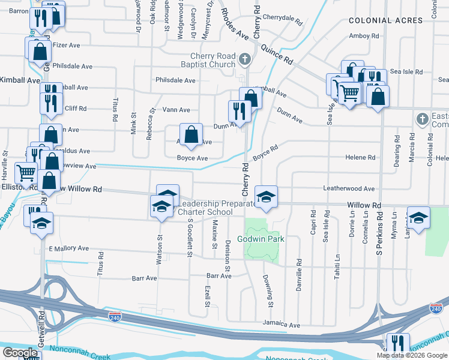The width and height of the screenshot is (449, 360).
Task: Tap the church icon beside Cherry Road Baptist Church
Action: [x=244, y=59]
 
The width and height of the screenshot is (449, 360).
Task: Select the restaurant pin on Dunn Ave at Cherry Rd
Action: [x=239, y=111]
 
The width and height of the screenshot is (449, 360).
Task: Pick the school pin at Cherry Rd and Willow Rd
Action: [x=266, y=196]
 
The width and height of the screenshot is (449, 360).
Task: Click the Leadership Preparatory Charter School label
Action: [x=205, y=208]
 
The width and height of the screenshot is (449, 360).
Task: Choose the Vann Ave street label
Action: [x=176, y=110]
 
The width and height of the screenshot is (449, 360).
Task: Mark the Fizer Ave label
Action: [x=66, y=44]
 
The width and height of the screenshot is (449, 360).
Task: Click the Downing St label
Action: [x=268, y=290]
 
